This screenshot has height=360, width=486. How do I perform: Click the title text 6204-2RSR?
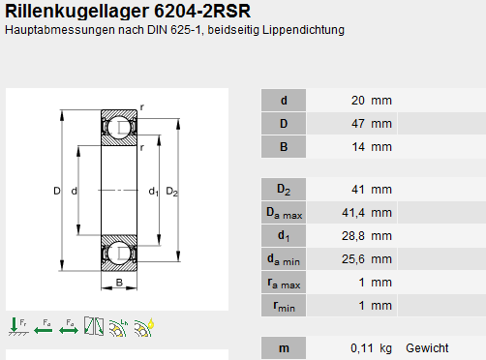click(202, 12)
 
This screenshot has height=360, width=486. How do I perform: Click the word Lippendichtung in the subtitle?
click(303, 30)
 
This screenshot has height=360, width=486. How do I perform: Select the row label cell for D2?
click(284, 189)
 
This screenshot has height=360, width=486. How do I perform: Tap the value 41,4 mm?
click(367, 213)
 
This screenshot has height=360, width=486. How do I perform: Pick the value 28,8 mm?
click(367, 236)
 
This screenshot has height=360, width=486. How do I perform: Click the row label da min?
click(284, 259)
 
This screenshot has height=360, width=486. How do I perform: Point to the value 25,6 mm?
click(367, 259)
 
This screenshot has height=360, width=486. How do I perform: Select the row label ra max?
click(284, 283)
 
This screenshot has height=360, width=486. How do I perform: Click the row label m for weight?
click(284, 348)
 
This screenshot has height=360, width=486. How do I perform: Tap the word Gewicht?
click(427, 348)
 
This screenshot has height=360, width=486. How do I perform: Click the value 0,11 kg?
click(371, 348)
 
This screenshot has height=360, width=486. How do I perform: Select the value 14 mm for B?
click(372, 147)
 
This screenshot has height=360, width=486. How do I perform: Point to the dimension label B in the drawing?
click(119, 283)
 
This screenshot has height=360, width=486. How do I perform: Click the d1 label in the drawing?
click(154, 192)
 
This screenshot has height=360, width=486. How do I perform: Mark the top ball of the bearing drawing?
click(119, 128)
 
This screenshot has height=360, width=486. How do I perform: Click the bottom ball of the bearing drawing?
click(119, 254)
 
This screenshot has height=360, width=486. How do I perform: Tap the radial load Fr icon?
click(18, 327)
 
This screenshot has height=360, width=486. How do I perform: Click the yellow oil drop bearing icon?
click(144, 327)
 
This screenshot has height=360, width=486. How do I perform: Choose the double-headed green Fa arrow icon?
click(69, 327)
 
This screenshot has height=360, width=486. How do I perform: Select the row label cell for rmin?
click(284, 306)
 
